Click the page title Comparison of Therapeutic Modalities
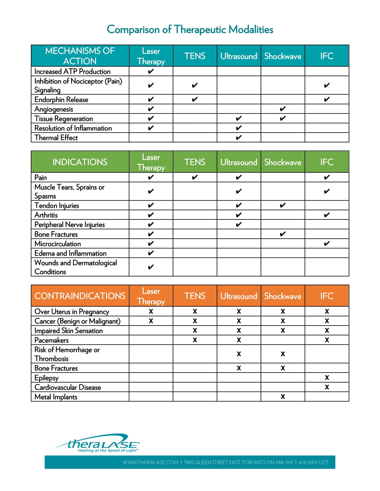click(190, 30)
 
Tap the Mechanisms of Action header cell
click(80, 56)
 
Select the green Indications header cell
click(80, 162)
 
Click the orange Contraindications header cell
click(80, 296)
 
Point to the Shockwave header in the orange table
click(283, 296)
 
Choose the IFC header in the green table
click(327, 162)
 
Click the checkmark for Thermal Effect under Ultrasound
click(239, 138)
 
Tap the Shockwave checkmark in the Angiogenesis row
click(283, 109)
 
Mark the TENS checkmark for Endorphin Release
click(195, 99)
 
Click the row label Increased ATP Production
click(72, 72)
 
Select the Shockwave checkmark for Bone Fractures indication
click(283, 234)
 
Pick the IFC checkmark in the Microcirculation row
click(327, 244)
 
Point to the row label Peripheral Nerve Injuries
click(70, 225)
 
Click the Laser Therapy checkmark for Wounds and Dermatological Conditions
click(151, 267)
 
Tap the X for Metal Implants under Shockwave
click(283, 397)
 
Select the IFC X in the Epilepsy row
click(327, 378)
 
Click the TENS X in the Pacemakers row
click(195, 340)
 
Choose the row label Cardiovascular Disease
click(68, 387)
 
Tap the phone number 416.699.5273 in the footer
click(313, 462)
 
